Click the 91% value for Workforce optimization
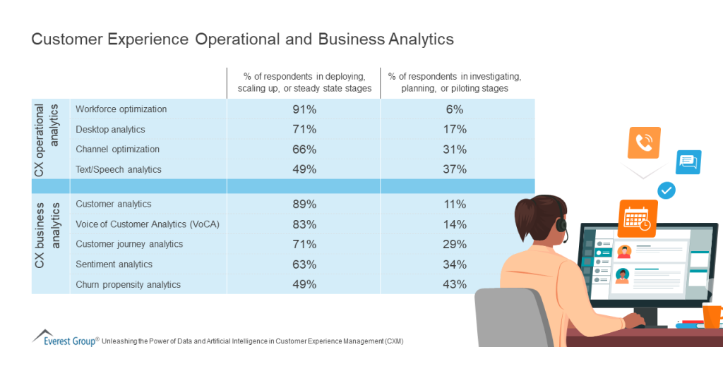304,109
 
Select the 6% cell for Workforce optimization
455,109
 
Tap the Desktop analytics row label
110,129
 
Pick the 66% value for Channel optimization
304,150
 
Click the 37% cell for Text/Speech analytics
455,169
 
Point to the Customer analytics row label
113,204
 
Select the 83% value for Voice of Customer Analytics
304,224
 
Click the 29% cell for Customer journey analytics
455,244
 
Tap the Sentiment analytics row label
114,264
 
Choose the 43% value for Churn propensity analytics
455,284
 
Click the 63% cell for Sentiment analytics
304,264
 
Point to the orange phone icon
643,143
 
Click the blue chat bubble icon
688,162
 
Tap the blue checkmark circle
667,190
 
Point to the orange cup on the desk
712,315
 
